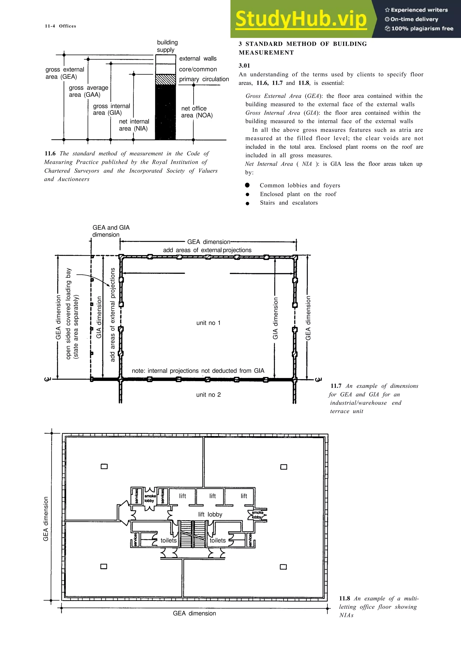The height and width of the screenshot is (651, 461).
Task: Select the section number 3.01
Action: click(x=244, y=66)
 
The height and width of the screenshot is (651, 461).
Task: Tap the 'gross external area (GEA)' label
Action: click(x=65, y=73)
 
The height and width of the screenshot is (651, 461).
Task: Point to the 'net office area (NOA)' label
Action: click(x=197, y=112)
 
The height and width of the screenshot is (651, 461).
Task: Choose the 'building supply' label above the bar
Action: click(x=167, y=46)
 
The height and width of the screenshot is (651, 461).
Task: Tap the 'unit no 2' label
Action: click(x=208, y=395)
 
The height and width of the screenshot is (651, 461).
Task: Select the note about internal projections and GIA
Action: click(x=198, y=371)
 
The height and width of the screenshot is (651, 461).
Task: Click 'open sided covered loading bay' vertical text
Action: click(x=68, y=314)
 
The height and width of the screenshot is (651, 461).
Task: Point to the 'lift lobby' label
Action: click(x=210, y=514)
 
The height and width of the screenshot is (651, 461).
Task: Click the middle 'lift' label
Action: click(x=212, y=496)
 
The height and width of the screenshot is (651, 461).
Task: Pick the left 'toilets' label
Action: click(x=168, y=540)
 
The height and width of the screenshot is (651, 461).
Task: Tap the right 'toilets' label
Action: click(x=218, y=540)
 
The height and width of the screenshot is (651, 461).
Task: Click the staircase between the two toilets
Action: click(x=193, y=534)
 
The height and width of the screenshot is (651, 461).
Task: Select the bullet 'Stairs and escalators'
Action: click(x=289, y=203)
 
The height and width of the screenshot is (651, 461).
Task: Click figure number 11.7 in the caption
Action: click(x=336, y=386)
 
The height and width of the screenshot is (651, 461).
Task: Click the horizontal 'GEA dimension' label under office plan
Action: click(x=194, y=613)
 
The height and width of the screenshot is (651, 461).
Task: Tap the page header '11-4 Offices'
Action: click(x=61, y=26)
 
